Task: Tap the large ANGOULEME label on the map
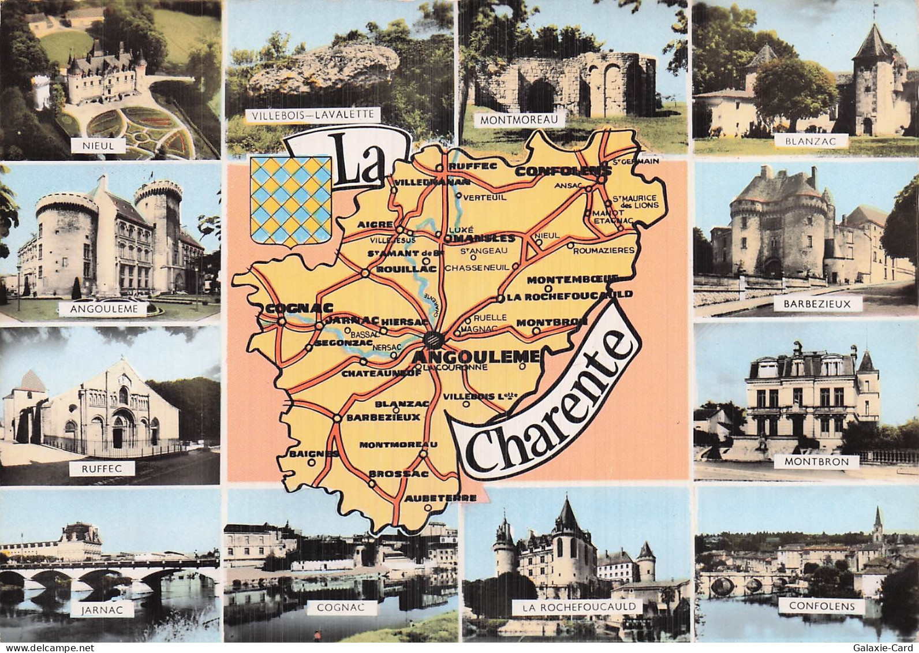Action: [476, 356]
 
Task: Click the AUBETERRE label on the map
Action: [440, 498]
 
